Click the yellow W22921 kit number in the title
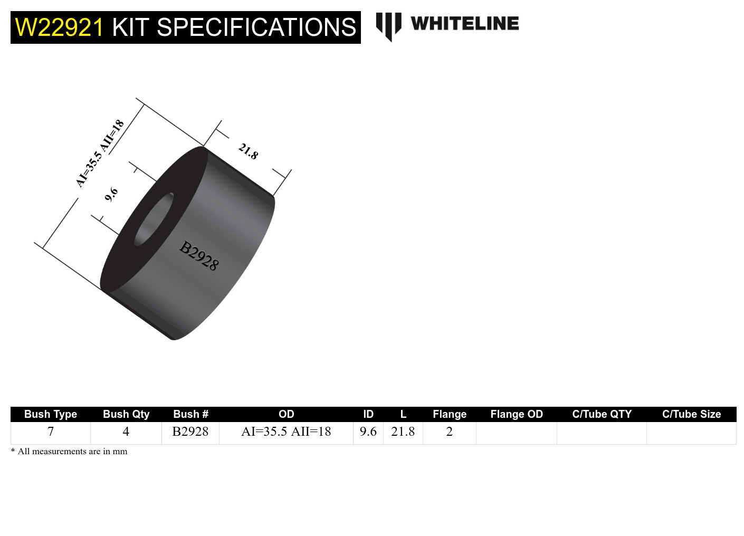point(59,27)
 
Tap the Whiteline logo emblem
point(389,26)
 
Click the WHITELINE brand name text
point(464,24)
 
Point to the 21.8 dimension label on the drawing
point(248,151)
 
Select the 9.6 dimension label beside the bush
point(111,195)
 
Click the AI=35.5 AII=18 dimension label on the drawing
point(100,153)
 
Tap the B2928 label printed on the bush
point(198,255)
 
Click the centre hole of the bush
point(154,219)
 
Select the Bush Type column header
point(51,414)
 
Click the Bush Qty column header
point(126,414)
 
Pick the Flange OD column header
point(517,414)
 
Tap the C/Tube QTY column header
point(602,414)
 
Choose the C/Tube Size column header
point(691,414)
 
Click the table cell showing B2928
point(190,432)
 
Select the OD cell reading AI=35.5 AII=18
point(286,432)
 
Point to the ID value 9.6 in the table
point(368,432)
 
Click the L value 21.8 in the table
point(403,432)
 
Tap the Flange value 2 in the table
point(450,432)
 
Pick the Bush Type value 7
point(51,432)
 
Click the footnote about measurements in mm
point(69,452)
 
